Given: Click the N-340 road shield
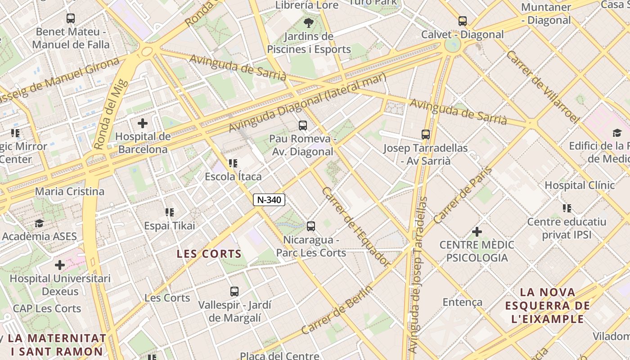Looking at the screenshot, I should pyautogui.click(x=269, y=200).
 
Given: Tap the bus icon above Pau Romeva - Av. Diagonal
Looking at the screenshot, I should pyautogui.click(x=303, y=126).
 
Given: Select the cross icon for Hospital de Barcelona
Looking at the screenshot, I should pyautogui.click(x=143, y=123).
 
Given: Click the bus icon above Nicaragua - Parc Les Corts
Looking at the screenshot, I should pyautogui.click(x=311, y=226).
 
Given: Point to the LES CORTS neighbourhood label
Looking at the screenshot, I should pyautogui.click(x=209, y=254).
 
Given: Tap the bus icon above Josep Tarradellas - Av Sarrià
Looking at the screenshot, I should pyautogui.click(x=426, y=135).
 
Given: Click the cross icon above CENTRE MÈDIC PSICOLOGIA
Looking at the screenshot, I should pyautogui.click(x=477, y=232).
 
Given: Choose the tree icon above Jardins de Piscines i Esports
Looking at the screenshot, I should pyautogui.click(x=309, y=23).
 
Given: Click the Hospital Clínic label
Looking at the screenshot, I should pyautogui.click(x=580, y=185).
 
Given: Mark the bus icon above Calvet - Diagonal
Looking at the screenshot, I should pyautogui.click(x=463, y=21).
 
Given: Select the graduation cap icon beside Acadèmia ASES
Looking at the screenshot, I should pyautogui.click(x=40, y=224).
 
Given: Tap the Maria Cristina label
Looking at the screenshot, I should pyautogui.click(x=70, y=191).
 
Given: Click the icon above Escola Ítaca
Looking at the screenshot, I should pyautogui.click(x=233, y=163).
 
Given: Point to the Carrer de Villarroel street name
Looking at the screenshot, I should pyautogui.click(x=542, y=87).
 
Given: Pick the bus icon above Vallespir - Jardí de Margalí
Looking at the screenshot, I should pyautogui.click(x=234, y=292).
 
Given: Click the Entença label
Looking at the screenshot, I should pyautogui.click(x=463, y=302).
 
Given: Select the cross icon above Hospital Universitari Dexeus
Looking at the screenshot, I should pyautogui.click(x=59, y=265).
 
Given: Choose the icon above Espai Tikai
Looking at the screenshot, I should pyautogui.click(x=169, y=212).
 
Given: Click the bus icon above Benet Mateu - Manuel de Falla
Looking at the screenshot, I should pyautogui.click(x=71, y=18).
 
